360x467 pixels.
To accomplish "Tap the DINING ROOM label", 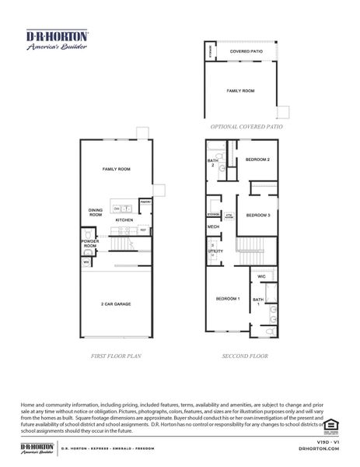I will [x=96, y=212].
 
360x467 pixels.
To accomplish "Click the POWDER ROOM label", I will [x=90, y=244].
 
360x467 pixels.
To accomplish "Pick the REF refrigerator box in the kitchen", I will [x=143, y=230].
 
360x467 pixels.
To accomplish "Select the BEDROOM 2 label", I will [x=257, y=160].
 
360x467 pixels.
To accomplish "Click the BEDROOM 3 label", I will [x=257, y=215].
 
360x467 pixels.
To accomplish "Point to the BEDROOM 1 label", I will [x=227, y=299].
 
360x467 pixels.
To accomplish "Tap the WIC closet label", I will [x=263, y=276].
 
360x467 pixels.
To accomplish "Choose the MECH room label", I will [x=213, y=226].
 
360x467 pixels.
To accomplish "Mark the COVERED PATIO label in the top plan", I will [x=245, y=52].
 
